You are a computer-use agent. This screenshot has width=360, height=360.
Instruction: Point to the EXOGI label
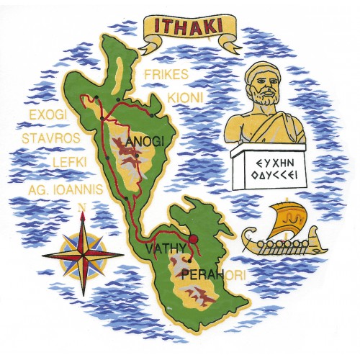pos(48,114)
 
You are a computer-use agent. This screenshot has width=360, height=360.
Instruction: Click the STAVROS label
pos(53,134)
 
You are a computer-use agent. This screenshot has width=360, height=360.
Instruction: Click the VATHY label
pos(166,249)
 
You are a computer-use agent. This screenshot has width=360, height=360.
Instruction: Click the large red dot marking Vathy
pos(192,239)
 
